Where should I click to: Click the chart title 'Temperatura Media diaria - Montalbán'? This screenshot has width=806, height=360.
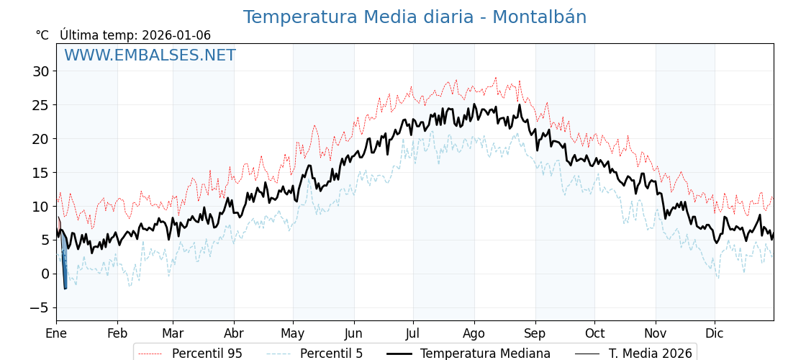tap(415, 17)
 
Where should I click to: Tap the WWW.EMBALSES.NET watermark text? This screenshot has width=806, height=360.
tap(150, 55)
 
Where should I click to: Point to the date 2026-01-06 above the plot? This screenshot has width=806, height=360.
tap(176, 35)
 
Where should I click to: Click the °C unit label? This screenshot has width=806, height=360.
tap(42, 35)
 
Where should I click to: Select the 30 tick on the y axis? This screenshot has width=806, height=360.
tap(40, 71)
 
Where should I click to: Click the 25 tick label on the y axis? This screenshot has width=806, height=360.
tap(40, 105)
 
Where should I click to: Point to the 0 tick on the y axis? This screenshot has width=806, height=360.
tap(45, 274)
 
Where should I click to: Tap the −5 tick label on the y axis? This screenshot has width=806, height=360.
tap(40, 307)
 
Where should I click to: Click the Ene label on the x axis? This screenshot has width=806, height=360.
tap(56, 333)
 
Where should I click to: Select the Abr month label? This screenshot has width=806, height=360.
tap(234, 333)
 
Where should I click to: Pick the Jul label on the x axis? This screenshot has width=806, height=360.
tap(413, 333)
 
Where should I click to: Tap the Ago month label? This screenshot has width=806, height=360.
tap(474, 333)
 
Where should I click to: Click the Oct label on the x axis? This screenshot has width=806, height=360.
tap(594, 333)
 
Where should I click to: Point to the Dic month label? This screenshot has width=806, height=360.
tap(715, 333)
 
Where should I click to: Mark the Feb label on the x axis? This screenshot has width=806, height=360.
tap(117, 333)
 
